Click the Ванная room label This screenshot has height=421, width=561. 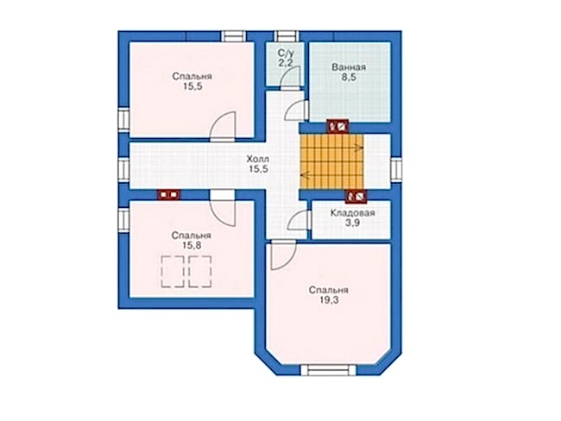click(348, 67)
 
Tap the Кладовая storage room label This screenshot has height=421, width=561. click(352, 213)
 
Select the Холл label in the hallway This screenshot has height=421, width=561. click(257, 160)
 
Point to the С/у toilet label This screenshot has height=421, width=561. click(286, 53)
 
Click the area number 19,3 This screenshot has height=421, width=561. click(329, 300)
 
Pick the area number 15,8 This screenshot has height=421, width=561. click(192, 246)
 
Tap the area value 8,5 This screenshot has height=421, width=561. click(349, 78)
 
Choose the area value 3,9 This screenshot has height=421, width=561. click(353, 223)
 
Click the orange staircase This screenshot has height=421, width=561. click(331, 160)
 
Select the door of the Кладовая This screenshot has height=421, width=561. click(299, 220)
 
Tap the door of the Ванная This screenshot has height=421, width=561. click(296, 110)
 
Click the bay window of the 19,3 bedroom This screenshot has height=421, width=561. click(329, 370)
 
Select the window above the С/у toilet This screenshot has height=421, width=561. click(287, 36)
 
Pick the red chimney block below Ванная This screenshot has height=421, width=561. click(337, 126)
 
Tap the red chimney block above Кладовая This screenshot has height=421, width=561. click(356, 196)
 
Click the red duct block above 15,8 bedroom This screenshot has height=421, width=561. click(169, 195)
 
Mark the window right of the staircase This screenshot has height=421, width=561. click(396, 170)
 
